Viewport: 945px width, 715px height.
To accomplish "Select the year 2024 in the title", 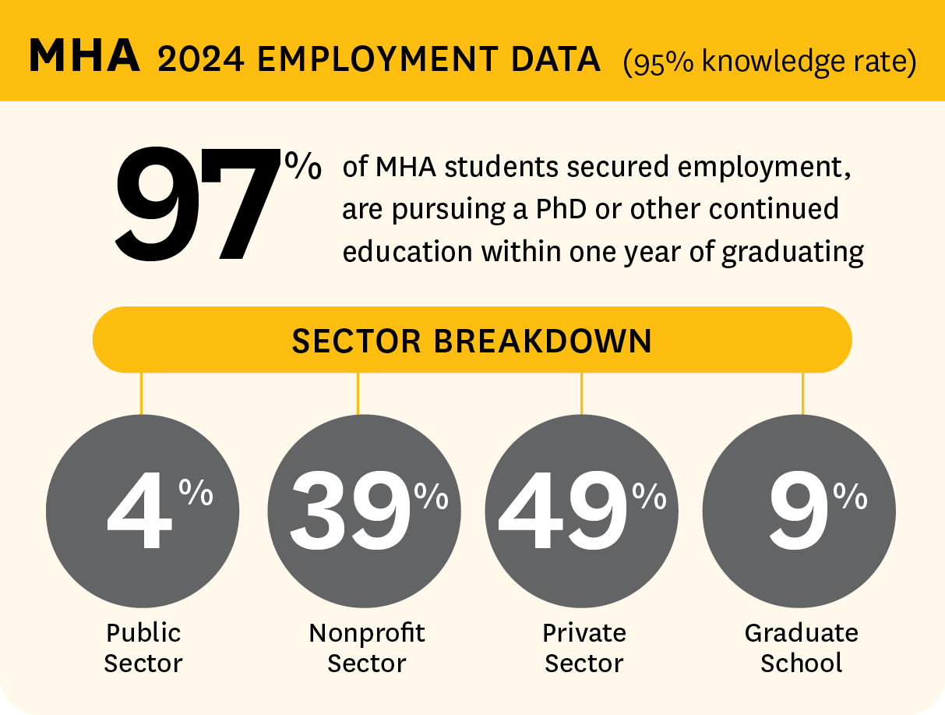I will (201, 59).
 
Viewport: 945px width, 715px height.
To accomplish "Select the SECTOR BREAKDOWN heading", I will (471, 341).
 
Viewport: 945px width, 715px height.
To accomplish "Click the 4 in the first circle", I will (139, 515).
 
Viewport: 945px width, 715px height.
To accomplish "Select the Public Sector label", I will (143, 648).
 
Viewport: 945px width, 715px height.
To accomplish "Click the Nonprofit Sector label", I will (367, 648).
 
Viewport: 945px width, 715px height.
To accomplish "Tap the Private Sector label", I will (584, 648).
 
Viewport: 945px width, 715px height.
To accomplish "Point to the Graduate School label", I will (802, 648).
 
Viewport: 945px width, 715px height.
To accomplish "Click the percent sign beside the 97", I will (302, 167).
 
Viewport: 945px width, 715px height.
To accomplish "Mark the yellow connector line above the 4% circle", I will (141, 393).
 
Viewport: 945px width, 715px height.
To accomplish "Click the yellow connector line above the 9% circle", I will (802, 393).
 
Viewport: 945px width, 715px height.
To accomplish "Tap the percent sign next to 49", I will (649, 496).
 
